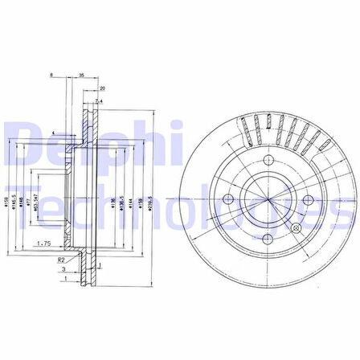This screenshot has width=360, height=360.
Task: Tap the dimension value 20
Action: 102,88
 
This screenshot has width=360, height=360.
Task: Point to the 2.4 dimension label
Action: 99,101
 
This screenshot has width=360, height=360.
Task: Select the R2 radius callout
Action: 61,261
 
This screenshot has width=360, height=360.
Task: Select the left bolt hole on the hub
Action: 227,198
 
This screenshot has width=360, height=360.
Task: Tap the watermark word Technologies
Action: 177,211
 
